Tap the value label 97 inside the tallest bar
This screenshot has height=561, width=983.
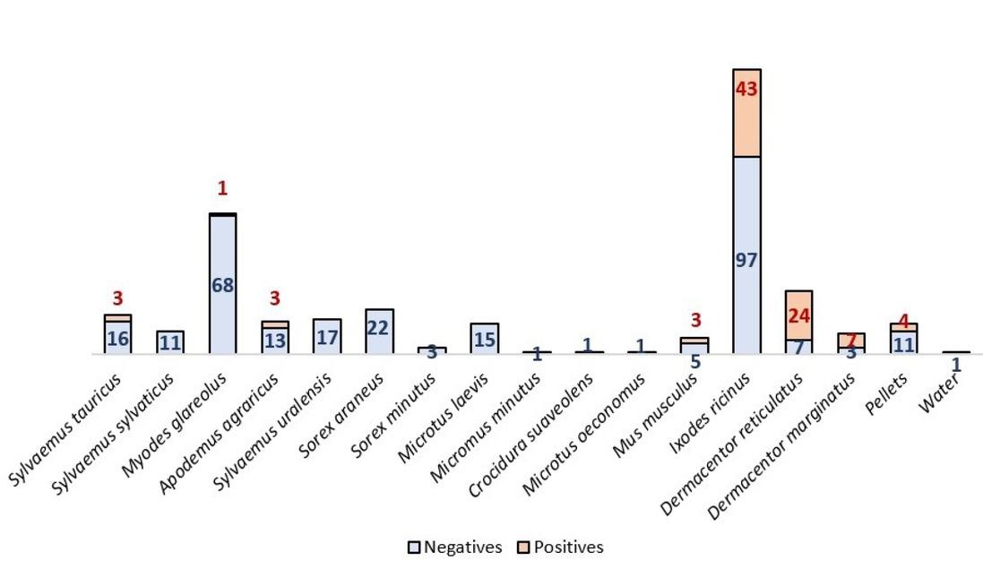tap(746, 261)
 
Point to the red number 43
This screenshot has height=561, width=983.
tap(746, 90)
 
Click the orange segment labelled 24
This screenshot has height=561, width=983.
tap(798, 315)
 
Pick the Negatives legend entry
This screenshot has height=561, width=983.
tap(454, 547)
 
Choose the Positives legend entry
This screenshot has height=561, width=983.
tap(561, 547)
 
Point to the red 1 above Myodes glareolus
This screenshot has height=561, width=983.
tap(222, 189)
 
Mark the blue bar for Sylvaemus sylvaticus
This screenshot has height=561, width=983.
tap(170, 341)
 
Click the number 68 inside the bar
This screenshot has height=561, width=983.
tap(222, 285)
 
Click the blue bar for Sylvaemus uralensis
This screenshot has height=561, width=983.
tap(327, 336)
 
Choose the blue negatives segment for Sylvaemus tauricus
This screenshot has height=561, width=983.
tap(117, 338)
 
